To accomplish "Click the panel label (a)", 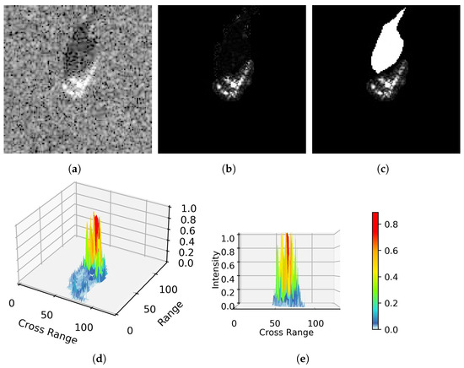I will pyautogui.click(x=77, y=169).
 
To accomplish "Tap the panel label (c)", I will pyautogui.click(x=382, y=169).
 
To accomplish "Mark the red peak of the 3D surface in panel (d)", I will pyautogui.click(x=95, y=221).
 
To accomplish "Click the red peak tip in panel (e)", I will pyautogui.click(x=289, y=236).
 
